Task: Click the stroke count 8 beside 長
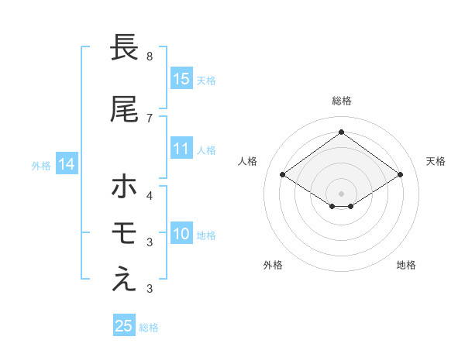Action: (150, 57)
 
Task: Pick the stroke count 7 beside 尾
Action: (150, 118)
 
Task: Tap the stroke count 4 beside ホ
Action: (150, 194)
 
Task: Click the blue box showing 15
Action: (181, 79)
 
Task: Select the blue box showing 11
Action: (181, 149)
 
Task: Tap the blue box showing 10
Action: (181, 235)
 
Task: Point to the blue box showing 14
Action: (67, 164)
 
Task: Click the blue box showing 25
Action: (124, 326)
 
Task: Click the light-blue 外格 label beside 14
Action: (41, 165)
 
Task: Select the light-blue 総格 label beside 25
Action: (149, 328)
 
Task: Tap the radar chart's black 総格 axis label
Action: (341, 101)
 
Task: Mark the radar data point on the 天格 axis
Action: (400, 175)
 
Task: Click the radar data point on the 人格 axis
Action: (283, 175)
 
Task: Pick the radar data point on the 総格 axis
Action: (341, 132)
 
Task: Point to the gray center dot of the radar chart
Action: (341, 192)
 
